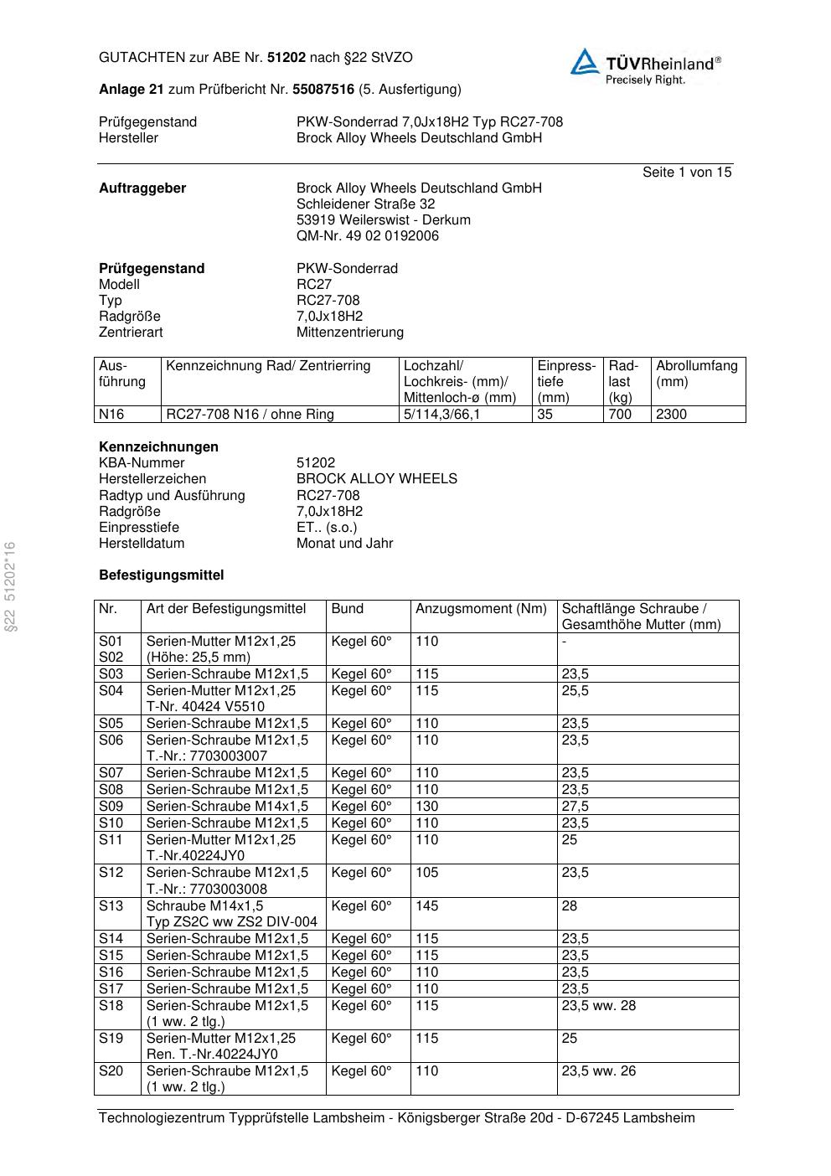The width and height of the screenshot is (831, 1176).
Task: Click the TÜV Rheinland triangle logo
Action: (x=585, y=62)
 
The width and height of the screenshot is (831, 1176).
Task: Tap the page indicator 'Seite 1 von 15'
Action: (x=686, y=172)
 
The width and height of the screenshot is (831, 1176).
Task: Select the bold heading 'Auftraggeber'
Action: (x=142, y=188)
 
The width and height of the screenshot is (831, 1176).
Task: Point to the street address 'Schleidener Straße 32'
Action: (x=365, y=204)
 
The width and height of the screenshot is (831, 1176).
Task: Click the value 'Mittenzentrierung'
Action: (x=349, y=332)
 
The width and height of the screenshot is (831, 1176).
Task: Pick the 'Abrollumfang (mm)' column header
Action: (x=696, y=374)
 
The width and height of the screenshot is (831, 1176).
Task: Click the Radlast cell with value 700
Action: (x=620, y=414)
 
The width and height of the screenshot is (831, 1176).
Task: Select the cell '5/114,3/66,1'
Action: (x=441, y=414)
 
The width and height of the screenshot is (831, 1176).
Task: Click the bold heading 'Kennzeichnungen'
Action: (x=158, y=446)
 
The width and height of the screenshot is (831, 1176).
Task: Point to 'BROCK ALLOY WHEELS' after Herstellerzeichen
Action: (x=376, y=478)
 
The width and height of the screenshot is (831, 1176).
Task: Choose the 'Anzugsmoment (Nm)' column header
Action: (x=481, y=609)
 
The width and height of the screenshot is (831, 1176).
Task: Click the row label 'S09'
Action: (x=111, y=806)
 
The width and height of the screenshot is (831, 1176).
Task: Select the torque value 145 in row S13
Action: (x=426, y=905)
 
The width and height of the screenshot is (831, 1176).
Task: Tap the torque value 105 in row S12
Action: (x=426, y=872)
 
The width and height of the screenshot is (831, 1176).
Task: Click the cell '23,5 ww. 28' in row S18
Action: (x=598, y=1005)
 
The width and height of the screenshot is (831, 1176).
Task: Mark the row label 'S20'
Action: (x=111, y=1070)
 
